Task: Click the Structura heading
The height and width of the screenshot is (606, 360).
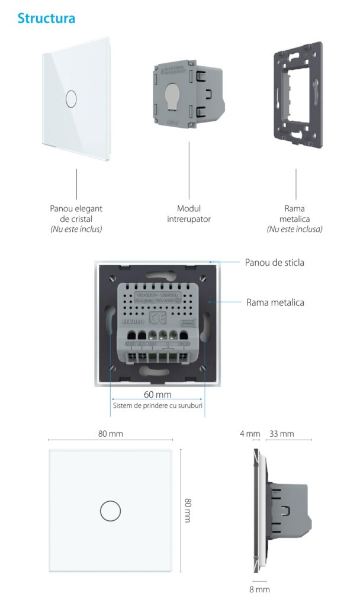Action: click(46, 18)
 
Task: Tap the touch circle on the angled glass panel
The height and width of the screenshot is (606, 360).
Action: click(70, 99)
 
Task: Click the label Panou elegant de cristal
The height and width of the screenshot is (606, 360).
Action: click(76, 214)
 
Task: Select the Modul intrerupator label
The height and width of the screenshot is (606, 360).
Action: click(189, 214)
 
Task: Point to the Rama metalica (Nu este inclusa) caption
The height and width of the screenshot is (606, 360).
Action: click(295, 218)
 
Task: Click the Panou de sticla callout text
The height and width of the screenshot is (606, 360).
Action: click(274, 262)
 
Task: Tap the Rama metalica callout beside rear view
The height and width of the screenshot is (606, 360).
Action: click(275, 302)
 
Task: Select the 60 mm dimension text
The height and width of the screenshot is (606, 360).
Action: click(157, 395)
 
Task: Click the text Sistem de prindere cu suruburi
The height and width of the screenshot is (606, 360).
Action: click(157, 405)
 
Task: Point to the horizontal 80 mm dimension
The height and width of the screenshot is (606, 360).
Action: click(110, 434)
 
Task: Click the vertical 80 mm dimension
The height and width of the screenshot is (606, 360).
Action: click(188, 510)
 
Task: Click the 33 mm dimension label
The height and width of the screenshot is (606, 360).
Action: click(281, 434)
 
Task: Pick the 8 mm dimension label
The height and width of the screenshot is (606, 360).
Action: click(260, 589)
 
